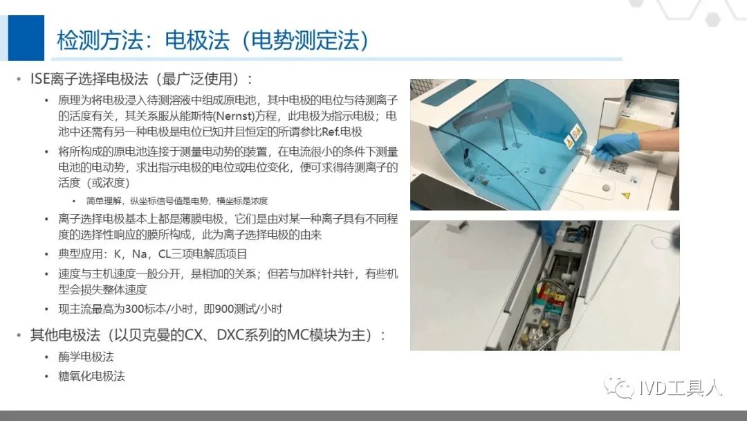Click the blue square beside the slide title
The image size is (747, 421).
[26, 37]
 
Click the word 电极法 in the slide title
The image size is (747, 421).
[197, 40]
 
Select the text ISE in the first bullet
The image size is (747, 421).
[40, 79]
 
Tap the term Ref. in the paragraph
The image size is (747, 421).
[331, 132]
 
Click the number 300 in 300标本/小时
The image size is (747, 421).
[134, 309]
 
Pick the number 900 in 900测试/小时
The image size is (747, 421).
[224, 309]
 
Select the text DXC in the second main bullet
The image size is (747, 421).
[230, 334]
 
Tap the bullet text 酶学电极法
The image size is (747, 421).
[86, 357]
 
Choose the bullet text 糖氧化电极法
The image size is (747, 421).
[91, 376]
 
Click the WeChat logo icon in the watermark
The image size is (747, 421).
[619, 387]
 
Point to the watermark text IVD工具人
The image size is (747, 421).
[681, 388]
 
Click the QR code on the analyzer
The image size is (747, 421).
[619, 167]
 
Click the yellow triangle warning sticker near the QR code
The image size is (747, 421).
[626, 195]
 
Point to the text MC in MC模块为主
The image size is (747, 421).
[297, 334]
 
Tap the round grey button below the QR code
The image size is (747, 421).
[606, 188]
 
